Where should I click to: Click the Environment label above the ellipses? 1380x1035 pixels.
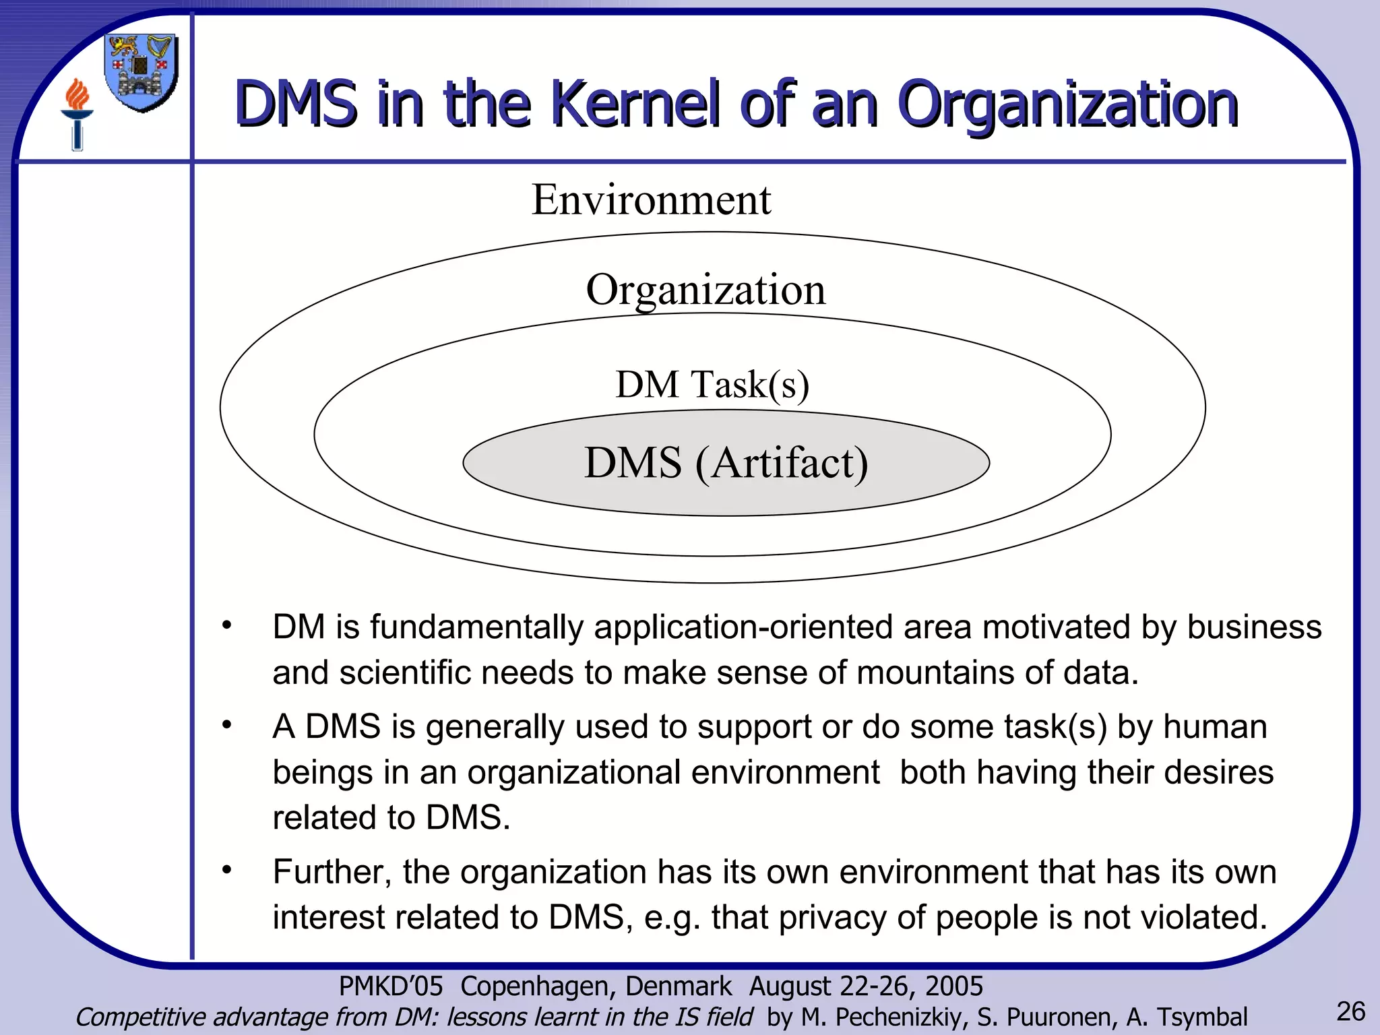pyautogui.click(x=651, y=199)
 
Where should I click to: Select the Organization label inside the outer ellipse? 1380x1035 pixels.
pyautogui.click(x=705, y=290)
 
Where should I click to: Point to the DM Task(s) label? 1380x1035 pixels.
pyautogui.click(x=712, y=385)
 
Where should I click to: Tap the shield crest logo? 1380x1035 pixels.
pyautogui.click(x=142, y=73)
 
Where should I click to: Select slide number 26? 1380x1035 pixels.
pyautogui.click(x=1350, y=1011)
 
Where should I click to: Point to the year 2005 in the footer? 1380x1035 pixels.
pyautogui.click(x=953, y=986)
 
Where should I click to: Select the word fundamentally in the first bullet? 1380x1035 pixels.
pyautogui.click(x=476, y=627)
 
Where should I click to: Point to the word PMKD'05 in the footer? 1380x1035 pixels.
pyautogui.click(x=391, y=986)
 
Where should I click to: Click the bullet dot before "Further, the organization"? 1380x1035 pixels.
pyautogui.click(x=228, y=870)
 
